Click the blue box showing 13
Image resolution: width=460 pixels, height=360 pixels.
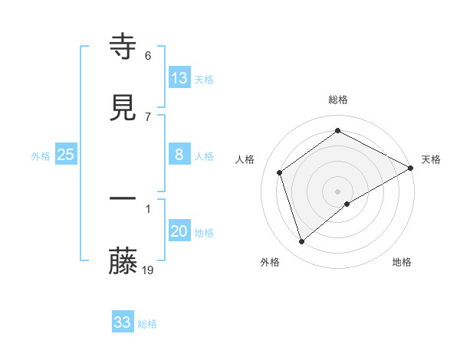(x=179, y=78)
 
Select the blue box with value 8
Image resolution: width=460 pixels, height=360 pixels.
(x=179, y=155)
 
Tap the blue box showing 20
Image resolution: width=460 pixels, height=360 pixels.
(x=179, y=231)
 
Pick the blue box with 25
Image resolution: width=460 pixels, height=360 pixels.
(x=66, y=155)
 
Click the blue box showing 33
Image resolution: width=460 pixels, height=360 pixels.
(x=123, y=322)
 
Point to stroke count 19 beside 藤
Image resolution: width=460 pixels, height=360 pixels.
(x=148, y=270)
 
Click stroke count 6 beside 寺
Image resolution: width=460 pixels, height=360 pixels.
(x=148, y=55)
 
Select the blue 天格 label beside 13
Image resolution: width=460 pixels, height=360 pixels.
(x=204, y=80)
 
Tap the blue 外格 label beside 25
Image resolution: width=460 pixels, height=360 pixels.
(x=41, y=156)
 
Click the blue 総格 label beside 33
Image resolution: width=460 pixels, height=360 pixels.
(x=147, y=324)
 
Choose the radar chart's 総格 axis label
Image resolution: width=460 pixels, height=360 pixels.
(x=338, y=100)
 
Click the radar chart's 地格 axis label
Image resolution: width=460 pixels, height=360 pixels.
(x=402, y=262)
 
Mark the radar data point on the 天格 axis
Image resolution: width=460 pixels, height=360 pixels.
(x=411, y=169)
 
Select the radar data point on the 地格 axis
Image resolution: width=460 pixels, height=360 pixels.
(x=347, y=204)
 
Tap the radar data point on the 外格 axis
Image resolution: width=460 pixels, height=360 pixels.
(x=302, y=242)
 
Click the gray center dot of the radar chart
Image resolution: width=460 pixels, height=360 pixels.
(x=338, y=191)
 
